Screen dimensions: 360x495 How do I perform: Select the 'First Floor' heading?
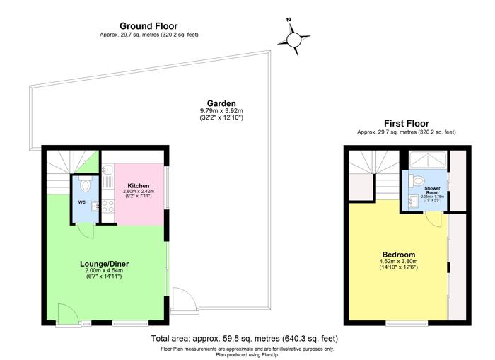coord(406,123)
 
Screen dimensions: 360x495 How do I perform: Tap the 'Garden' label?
coord(221,103)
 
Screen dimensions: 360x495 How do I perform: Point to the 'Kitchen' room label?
coord(138,185)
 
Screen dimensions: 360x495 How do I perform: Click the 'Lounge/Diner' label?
coord(104,264)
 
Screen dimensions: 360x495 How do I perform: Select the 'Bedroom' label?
coord(399,255)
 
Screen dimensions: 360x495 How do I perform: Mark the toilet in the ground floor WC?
coord(85,185)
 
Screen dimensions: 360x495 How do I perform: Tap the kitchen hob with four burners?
coord(109,207)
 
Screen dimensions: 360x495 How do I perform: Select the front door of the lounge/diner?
coord(69,313)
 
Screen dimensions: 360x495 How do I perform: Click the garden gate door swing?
coord(180,301)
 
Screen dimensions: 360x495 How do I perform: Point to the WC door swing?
coord(83,231)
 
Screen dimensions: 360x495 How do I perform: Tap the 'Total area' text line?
coord(244,339)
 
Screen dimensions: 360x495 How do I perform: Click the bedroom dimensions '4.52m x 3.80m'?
coord(399,262)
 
